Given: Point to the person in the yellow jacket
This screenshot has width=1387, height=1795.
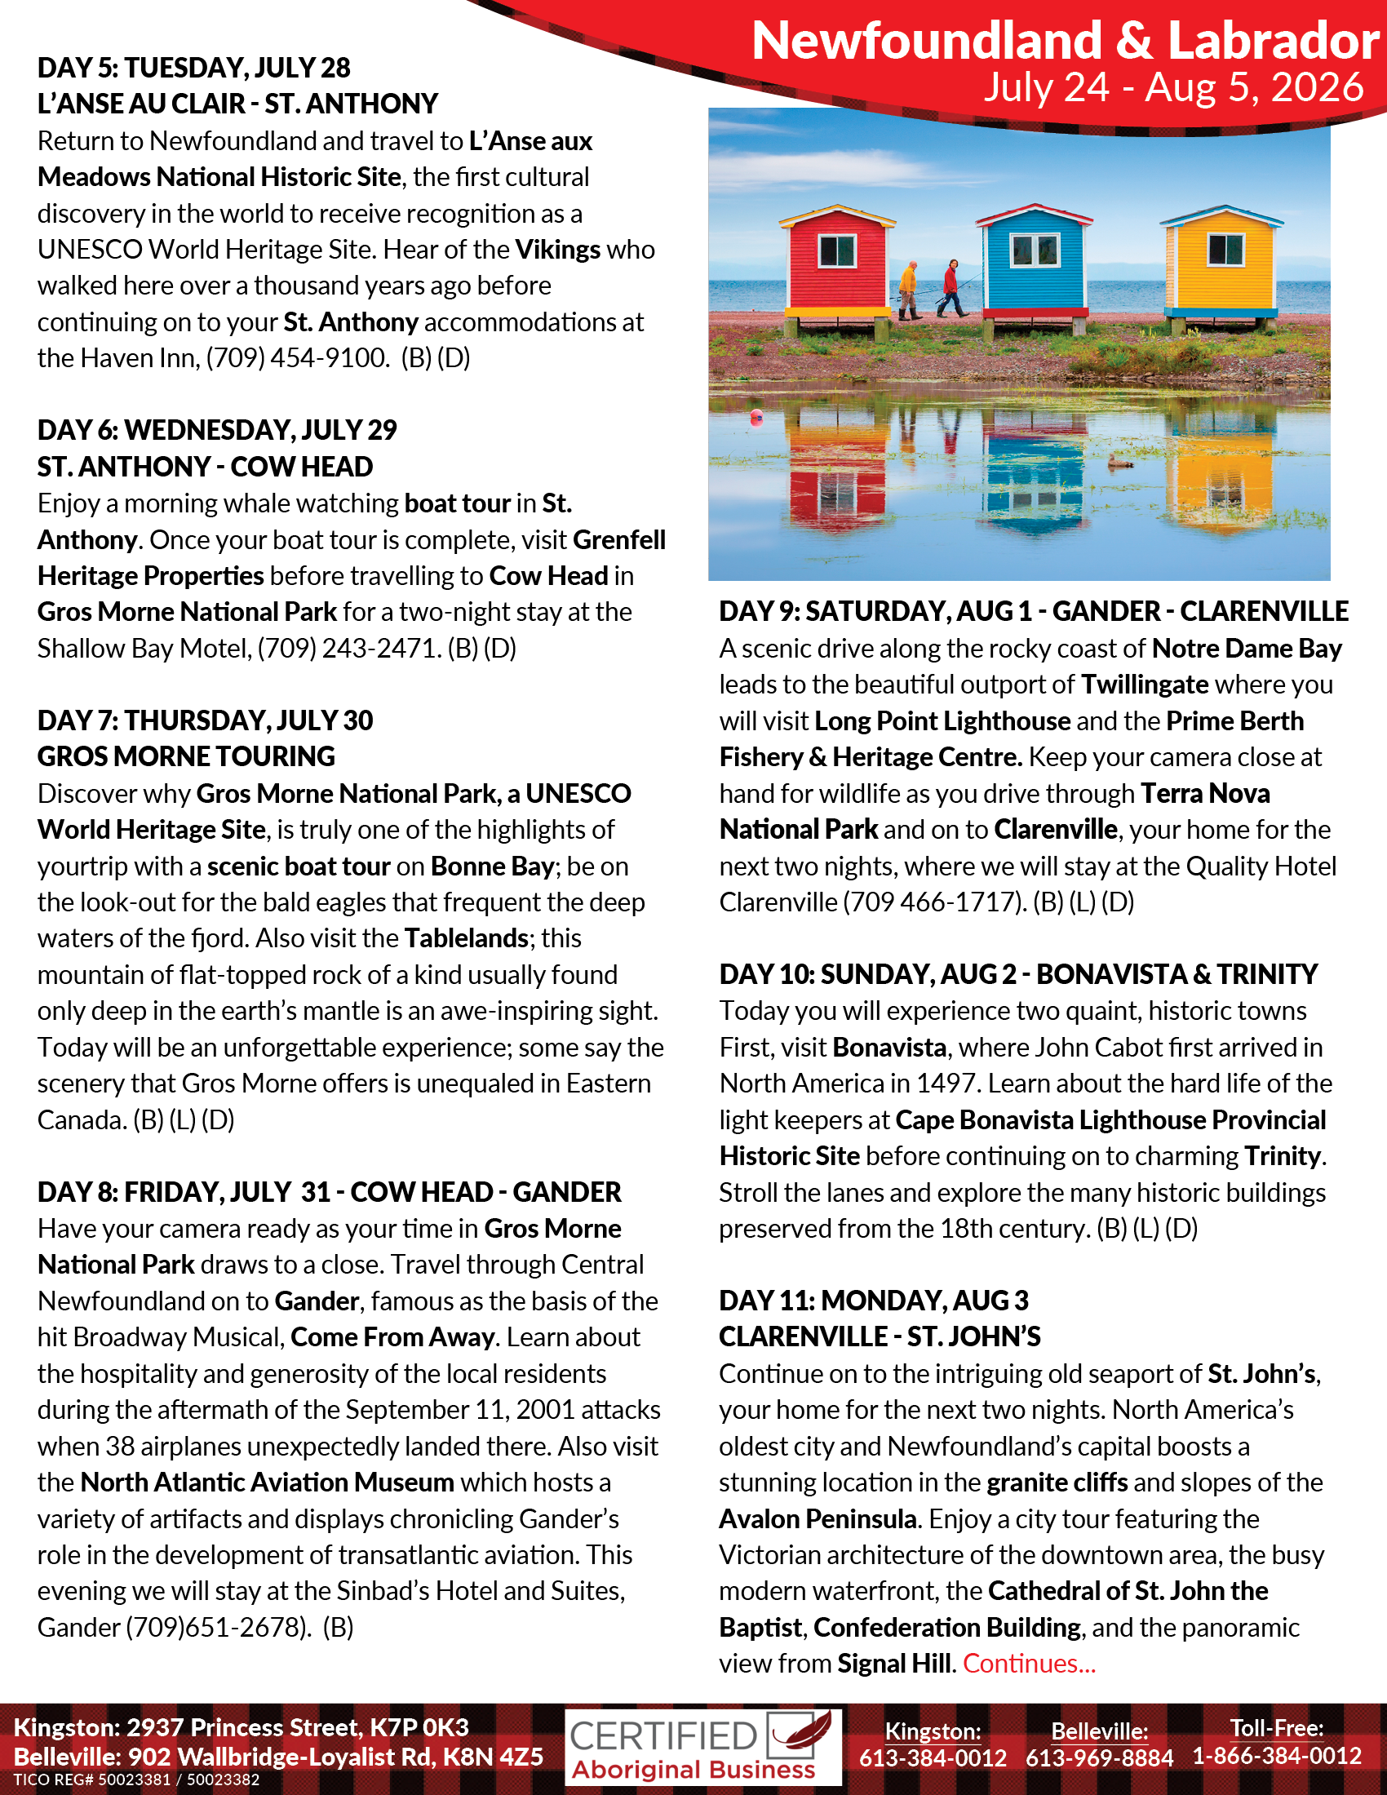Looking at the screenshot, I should click(908, 290).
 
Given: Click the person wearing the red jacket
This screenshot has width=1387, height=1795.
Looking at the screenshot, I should click(951, 288).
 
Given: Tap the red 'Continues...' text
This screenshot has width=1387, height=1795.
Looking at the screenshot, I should click(1029, 1664).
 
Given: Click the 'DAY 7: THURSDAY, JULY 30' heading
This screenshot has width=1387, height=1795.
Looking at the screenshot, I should click(205, 720).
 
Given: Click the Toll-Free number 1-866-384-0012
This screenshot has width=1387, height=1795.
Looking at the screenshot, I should click(1277, 1757).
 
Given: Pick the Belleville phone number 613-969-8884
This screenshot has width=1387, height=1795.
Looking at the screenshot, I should click(1099, 1758).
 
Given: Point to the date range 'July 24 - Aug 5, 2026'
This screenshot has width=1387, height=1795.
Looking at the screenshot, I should click(1173, 87).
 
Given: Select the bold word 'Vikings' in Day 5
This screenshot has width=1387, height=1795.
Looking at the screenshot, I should click(558, 249).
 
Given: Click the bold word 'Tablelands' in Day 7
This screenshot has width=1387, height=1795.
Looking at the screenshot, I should click(466, 937).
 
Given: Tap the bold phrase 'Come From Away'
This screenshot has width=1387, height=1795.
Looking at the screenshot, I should click(392, 1337).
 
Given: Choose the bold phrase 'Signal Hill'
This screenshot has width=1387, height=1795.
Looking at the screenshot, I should click(894, 1664).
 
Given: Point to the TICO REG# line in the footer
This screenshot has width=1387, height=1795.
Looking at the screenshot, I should click(136, 1780).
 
